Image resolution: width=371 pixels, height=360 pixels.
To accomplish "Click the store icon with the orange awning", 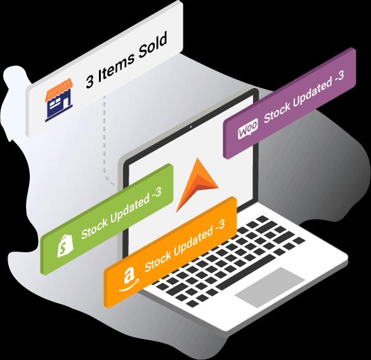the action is (x=58, y=100).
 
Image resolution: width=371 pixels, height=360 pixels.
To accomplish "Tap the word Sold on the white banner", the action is (x=153, y=46).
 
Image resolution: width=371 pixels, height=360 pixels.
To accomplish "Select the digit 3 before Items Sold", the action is (x=90, y=82).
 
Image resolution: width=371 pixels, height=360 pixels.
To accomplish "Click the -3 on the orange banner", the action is (x=219, y=227).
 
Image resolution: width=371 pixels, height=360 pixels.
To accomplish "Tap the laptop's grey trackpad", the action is (x=270, y=287).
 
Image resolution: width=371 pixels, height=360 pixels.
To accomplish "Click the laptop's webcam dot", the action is (x=191, y=127).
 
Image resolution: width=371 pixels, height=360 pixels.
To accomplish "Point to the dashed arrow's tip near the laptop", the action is (x=115, y=184).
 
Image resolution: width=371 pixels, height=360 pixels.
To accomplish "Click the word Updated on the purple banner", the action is (x=311, y=93).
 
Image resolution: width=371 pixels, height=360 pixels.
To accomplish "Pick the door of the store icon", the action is (x=65, y=103).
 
